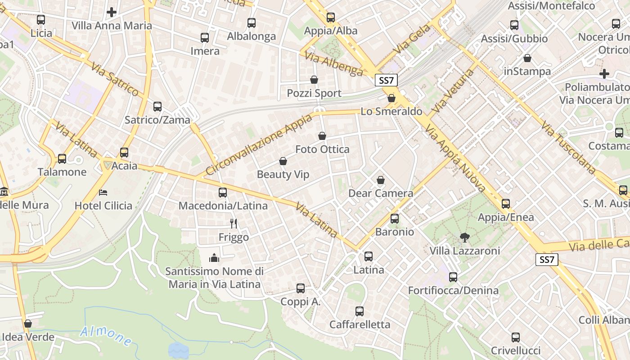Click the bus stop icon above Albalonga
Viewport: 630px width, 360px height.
252,22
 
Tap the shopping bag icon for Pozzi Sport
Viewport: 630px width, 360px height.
314,80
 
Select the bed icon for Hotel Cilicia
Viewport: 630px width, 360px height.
103,192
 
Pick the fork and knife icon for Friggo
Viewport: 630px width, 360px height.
234,223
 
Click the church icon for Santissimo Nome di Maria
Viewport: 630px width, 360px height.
214,258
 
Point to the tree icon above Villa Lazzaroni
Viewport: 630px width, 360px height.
464,237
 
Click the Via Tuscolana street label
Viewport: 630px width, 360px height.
568,147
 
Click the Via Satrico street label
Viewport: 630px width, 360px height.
115,79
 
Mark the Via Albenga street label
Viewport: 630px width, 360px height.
333,64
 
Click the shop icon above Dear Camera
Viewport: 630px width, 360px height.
381,180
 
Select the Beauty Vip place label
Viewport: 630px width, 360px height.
283,174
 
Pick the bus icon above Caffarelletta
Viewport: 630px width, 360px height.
360,311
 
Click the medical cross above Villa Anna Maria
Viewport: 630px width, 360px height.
112,12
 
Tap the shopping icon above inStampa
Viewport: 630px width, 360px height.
527,58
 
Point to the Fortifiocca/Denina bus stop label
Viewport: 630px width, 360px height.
453,290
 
